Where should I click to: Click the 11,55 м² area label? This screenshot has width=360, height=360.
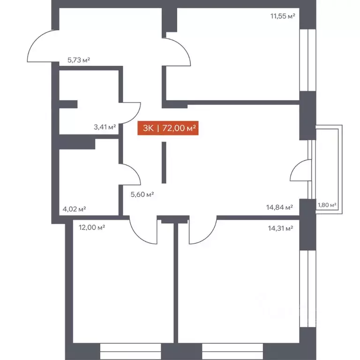click(282, 16)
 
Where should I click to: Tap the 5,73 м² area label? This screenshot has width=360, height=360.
click(78, 60)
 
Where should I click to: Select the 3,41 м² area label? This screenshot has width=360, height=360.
click(105, 126)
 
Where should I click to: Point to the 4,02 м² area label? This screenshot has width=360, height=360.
click(74, 209)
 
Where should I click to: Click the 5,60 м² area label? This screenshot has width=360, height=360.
click(142, 195)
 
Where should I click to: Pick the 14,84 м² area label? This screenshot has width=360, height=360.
click(279, 207)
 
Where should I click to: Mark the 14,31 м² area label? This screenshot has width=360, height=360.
click(280, 228)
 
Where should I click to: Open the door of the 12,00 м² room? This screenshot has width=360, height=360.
click(141, 230)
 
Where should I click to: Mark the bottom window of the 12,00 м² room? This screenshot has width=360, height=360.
click(130, 350)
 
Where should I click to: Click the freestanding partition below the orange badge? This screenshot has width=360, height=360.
click(164, 163)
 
